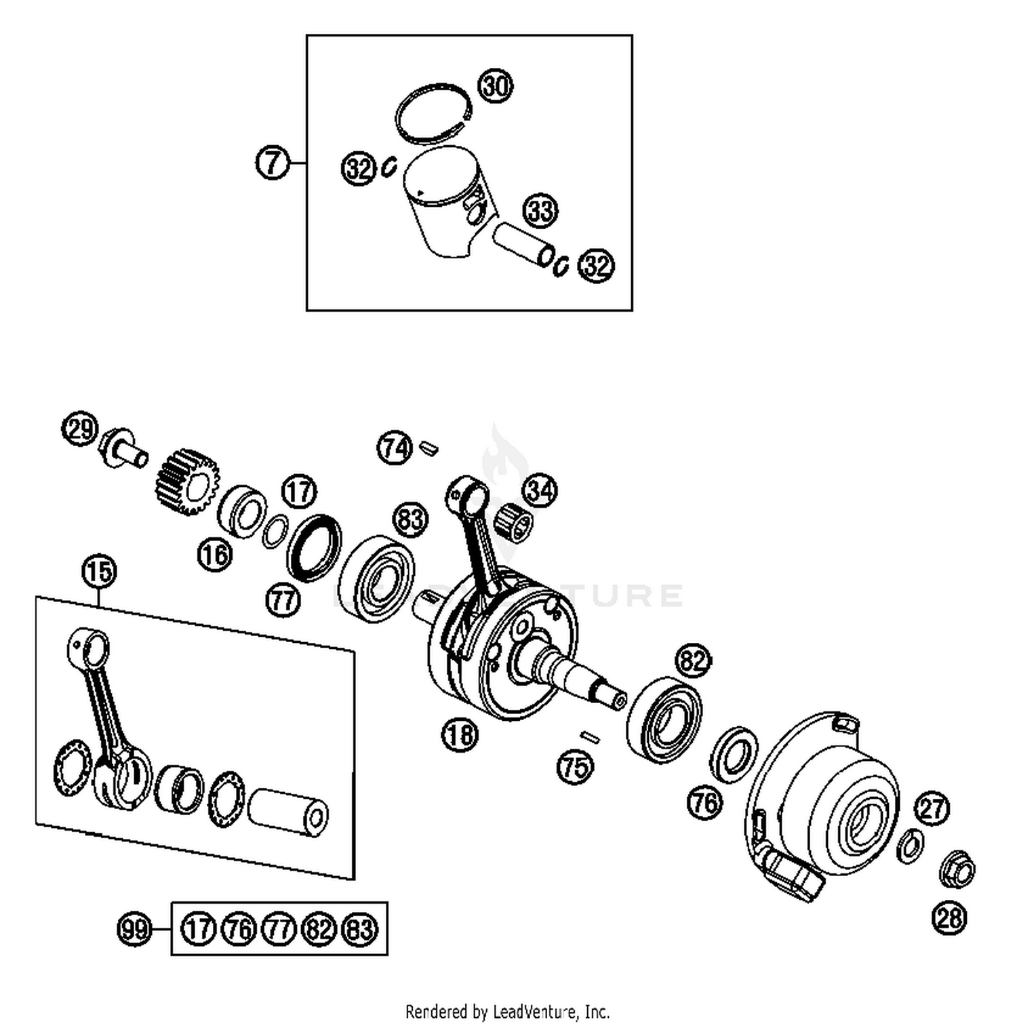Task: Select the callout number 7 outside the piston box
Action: (273, 163)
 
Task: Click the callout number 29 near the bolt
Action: (80, 429)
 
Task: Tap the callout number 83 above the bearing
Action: (411, 520)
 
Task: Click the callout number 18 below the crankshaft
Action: (460, 734)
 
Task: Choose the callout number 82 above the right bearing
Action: (693, 660)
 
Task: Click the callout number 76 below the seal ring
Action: (705, 803)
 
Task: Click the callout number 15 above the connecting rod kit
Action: (99, 571)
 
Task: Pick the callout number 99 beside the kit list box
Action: (134, 928)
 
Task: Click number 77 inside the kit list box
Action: (279, 928)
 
